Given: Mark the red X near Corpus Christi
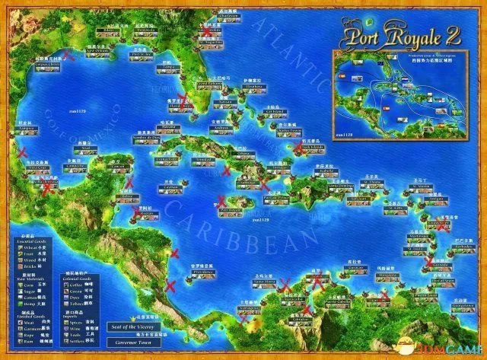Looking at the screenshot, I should click(69, 55).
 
